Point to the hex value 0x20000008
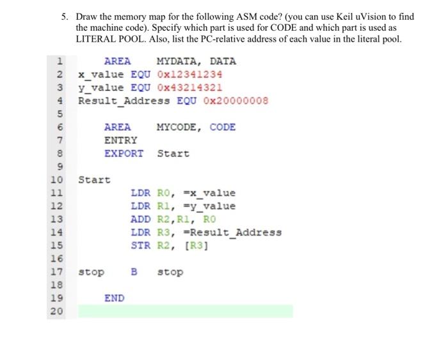236,101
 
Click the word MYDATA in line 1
177,61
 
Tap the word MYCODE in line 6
177,127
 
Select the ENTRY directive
121,140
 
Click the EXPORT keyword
124,154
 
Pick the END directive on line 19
115,298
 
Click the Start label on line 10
94,180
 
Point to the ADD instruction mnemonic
140,219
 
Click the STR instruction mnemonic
140,245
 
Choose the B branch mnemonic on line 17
134,272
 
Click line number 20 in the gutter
57,311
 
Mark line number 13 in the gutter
57,219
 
